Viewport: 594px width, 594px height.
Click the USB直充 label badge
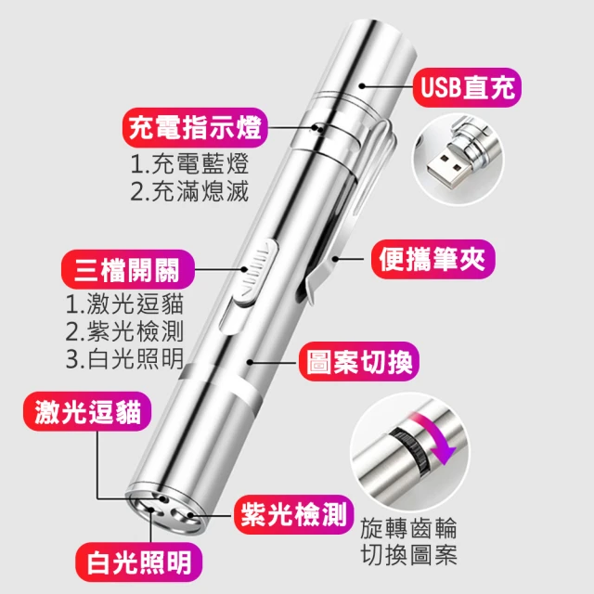467,87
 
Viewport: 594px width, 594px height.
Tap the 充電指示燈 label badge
195,128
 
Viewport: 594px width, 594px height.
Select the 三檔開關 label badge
128,269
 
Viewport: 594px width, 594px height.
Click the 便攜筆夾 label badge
433,259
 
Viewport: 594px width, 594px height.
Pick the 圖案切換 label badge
359,361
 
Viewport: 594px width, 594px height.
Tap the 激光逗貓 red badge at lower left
87,411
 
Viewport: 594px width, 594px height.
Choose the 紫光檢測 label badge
293,514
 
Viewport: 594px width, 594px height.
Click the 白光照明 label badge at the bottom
139,562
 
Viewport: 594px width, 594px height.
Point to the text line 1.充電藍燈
189,163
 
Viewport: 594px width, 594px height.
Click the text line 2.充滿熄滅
189,191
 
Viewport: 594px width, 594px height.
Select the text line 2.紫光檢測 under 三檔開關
124,331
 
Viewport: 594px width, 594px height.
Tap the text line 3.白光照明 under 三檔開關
124,358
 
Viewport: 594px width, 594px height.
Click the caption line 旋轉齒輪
408,528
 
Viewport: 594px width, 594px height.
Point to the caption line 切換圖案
408,555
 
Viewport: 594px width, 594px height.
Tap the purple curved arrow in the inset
435,435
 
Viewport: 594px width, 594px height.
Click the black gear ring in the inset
411,450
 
